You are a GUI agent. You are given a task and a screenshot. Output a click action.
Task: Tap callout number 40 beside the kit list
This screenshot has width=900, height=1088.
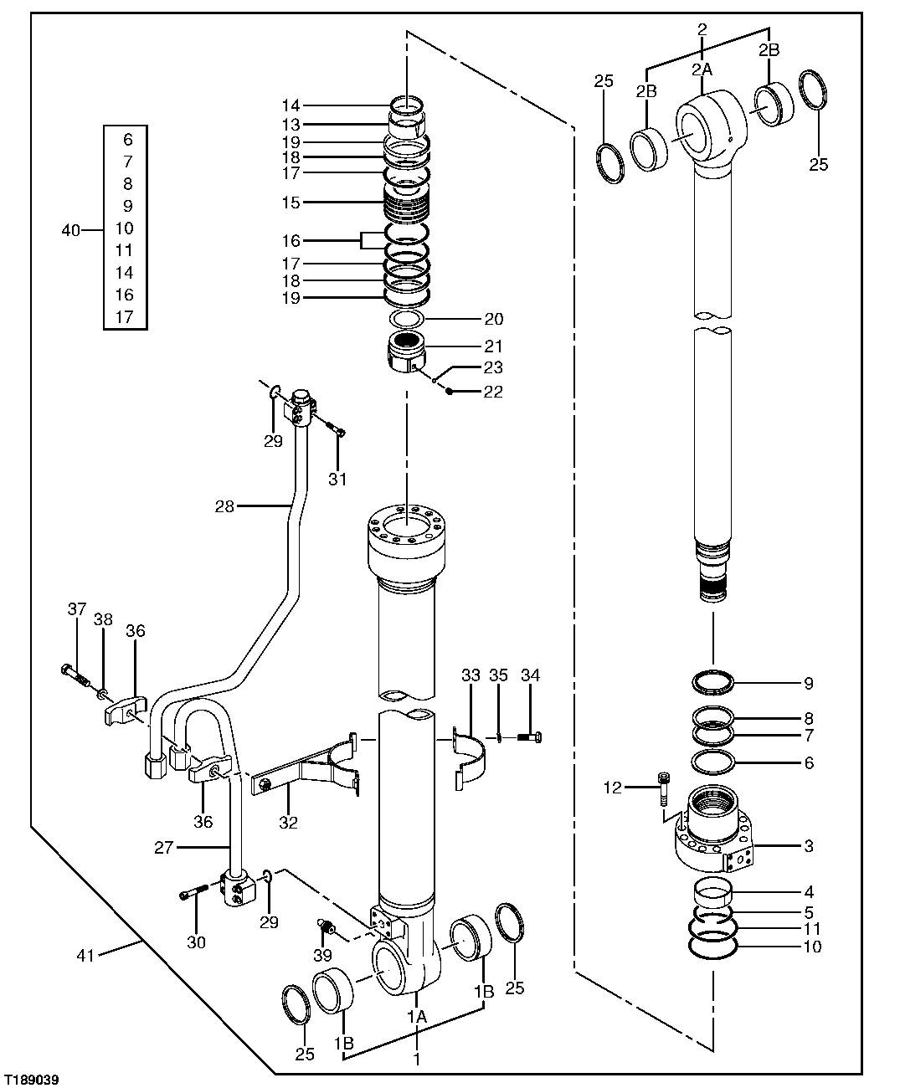point(72,228)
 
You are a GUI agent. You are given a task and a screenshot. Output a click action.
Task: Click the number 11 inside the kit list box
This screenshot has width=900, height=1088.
point(125,250)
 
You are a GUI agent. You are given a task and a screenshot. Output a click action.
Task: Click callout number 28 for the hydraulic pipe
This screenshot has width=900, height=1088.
point(224,506)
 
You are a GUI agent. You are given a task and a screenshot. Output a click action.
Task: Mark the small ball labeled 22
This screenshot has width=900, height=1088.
point(450,392)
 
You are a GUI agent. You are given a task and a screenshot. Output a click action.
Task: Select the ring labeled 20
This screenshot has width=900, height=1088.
point(407,320)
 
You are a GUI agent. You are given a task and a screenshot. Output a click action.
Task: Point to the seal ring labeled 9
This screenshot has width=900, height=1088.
point(713,683)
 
